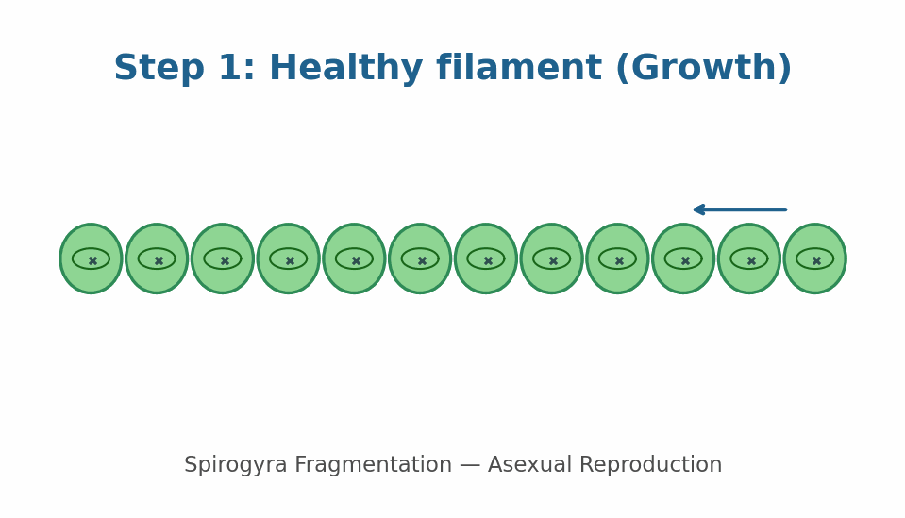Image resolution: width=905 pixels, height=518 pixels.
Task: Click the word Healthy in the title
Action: [345, 69]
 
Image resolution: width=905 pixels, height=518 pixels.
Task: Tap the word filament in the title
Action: [519, 68]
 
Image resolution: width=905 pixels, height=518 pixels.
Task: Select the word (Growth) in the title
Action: [704, 69]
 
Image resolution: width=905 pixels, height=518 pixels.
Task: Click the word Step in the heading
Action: [159, 69]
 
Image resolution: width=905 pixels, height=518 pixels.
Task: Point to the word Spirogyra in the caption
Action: [236, 465]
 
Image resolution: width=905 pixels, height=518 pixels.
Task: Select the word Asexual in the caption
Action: [529, 464]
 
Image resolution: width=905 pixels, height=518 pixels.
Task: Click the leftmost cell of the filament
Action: [91, 259]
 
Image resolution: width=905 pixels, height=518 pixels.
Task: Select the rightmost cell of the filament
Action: [815, 259]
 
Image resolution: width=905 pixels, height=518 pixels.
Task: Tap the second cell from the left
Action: [157, 259]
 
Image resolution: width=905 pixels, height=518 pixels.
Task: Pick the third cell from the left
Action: [222, 259]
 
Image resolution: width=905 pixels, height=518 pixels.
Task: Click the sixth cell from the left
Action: [420, 259]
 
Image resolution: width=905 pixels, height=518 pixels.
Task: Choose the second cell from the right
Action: [749, 259]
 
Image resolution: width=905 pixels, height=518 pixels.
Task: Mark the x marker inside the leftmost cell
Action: [92, 260]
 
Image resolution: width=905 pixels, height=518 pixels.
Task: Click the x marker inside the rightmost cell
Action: [816, 260]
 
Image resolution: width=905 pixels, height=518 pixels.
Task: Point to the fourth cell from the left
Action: [288, 259]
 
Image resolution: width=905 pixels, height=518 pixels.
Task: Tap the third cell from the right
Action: [683, 259]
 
